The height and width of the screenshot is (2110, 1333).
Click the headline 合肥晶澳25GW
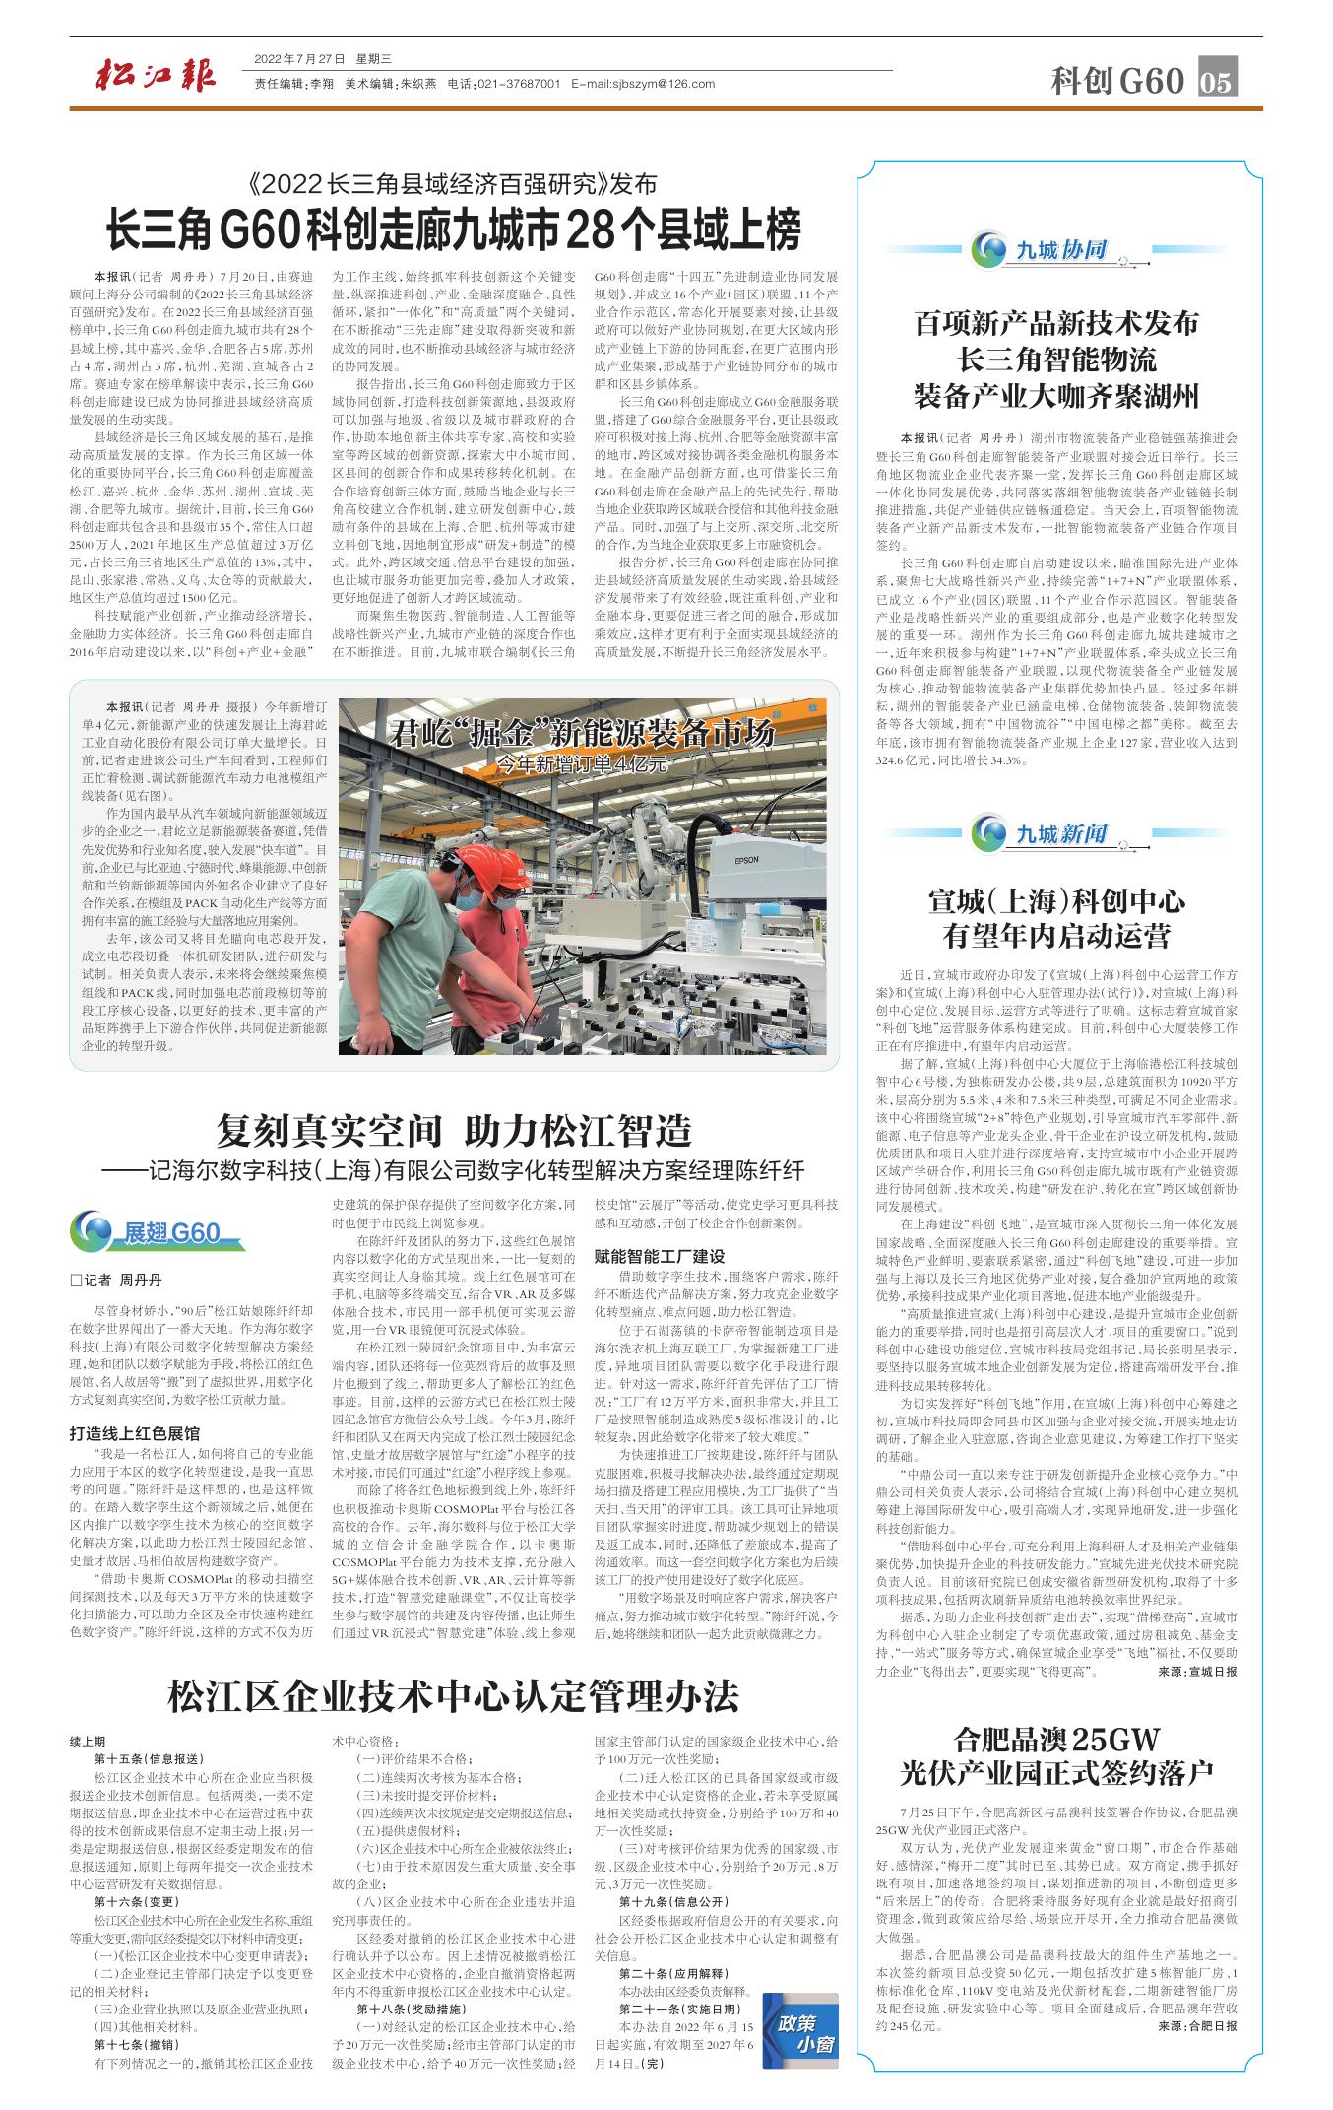(1057, 1736)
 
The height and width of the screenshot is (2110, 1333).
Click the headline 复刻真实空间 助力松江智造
(454, 1128)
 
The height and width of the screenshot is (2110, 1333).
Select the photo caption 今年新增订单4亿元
(580, 764)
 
